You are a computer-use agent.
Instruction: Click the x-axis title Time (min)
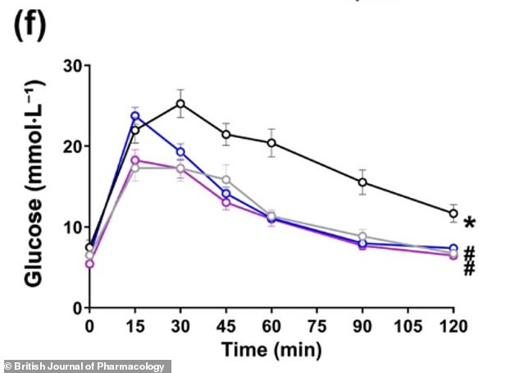(x=271, y=349)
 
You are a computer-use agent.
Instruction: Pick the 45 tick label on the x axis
(x=226, y=325)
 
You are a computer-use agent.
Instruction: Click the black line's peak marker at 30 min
(x=180, y=104)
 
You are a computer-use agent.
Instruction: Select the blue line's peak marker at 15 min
(x=135, y=116)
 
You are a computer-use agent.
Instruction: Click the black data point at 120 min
(x=453, y=214)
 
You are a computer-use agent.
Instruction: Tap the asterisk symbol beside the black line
(x=469, y=223)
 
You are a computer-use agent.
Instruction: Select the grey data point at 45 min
(x=226, y=180)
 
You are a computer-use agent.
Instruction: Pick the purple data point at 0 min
(x=89, y=264)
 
